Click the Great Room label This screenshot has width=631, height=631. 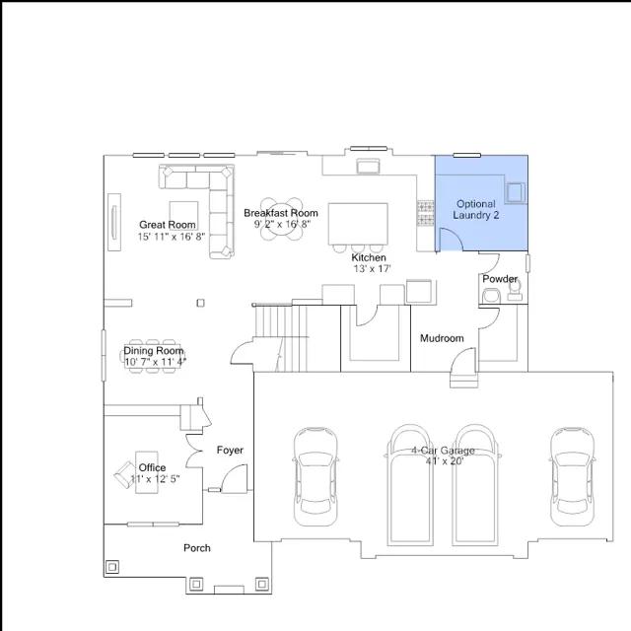tap(168, 225)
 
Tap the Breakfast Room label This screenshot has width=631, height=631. tap(281, 213)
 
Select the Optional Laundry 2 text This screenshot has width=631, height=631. tap(476, 209)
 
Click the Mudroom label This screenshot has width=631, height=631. tap(442, 338)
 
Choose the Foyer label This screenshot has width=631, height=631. tap(230, 450)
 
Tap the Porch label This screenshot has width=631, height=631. tap(197, 548)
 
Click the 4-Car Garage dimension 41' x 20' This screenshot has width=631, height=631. tap(445, 461)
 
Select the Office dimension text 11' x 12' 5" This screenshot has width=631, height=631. tap(155, 479)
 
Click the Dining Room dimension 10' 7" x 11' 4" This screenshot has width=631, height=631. tap(156, 362)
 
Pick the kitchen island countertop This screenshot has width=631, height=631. tap(358, 224)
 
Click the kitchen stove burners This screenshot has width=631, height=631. tap(425, 213)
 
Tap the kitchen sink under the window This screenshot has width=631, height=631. tap(368, 167)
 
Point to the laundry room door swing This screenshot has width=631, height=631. tap(451, 240)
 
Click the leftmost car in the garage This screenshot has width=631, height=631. tap(315, 476)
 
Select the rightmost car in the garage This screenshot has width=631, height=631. tap(572, 476)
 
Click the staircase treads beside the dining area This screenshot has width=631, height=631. tap(280, 338)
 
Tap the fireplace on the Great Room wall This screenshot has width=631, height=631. tap(114, 222)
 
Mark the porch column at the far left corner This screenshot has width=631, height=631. tap(112, 567)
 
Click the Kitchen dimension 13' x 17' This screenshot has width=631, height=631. tap(373, 268)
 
